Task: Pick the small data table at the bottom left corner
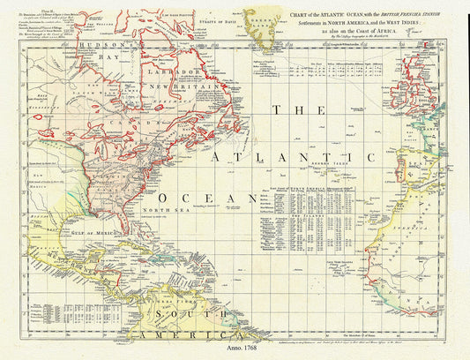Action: [x=44, y=312]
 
